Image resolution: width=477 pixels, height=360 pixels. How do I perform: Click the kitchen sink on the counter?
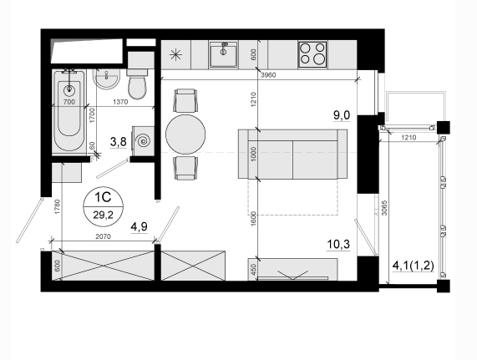click(224, 55)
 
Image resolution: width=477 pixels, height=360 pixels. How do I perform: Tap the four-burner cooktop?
click(312, 54)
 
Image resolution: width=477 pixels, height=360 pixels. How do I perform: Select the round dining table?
click(185, 134)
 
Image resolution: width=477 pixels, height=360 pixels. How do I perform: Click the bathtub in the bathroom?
click(69, 112)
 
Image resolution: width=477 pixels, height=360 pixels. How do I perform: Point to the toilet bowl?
click(137, 84)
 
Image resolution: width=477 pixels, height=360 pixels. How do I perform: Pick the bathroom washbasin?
click(106, 79)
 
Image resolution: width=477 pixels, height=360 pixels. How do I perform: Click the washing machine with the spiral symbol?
click(143, 141)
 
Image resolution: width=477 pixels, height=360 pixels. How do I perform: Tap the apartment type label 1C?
click(103, 197)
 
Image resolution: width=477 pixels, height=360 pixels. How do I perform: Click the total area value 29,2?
click(103, 215)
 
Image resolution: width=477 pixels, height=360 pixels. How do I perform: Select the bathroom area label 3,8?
click(119, 142)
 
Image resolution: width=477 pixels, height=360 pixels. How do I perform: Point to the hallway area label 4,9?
click(139, 226)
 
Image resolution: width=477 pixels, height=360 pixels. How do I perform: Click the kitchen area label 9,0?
click(342, 115)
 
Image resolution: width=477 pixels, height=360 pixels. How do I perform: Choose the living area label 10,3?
click(338, 244)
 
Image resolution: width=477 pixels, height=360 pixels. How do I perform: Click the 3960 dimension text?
click(268, 75)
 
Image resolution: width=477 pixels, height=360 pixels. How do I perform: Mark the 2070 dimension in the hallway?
click(103, 236)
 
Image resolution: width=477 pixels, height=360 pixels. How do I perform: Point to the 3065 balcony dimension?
click(384, 208)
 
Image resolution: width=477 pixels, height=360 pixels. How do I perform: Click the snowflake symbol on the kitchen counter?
click(175, 55)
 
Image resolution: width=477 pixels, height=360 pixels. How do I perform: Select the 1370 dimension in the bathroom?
click(120, 102)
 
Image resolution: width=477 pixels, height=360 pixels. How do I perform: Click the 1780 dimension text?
click(58, 207)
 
